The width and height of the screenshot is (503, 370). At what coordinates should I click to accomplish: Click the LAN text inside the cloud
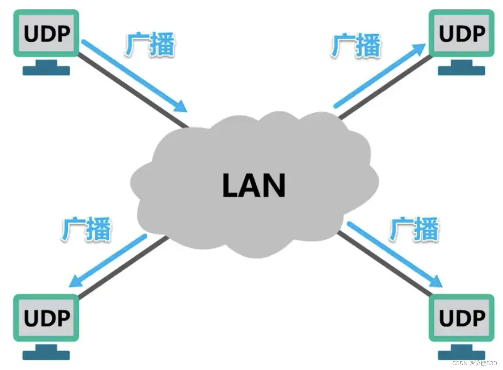pos(254,186)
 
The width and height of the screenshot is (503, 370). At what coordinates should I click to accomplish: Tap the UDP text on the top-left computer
pos(47,34)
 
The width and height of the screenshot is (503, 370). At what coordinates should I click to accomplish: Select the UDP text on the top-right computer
pos(462,34)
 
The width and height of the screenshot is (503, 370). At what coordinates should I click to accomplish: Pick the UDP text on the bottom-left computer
pos(47,318)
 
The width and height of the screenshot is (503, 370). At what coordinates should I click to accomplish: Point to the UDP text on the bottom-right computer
pos(462,318)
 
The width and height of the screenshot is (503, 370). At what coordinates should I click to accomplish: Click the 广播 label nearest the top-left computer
pos(151,45)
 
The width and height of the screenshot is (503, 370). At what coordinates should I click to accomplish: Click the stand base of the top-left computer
pos(46,71)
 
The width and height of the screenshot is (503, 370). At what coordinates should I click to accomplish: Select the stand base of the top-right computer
pos(461,71)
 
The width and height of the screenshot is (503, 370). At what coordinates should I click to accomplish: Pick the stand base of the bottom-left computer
pos(46,355)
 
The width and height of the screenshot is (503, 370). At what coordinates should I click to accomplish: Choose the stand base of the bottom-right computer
pos(461,355)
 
